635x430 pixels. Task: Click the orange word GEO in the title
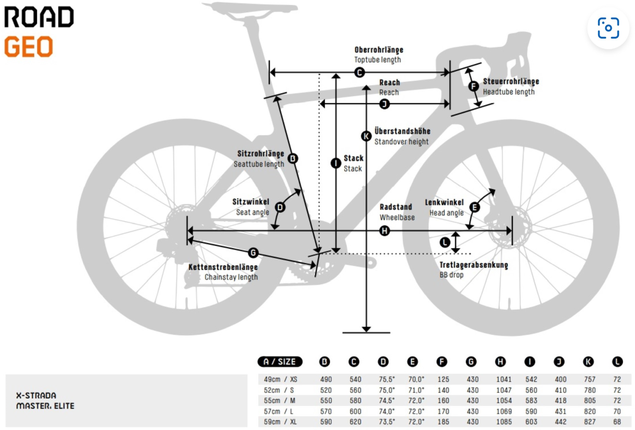(x=29, y=47)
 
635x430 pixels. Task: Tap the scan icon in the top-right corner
(x=608, y=28)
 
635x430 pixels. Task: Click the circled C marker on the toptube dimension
(x=360, y=73)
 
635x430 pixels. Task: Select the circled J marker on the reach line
(x=384, y=104)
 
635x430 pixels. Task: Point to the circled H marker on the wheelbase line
(x=384, y=230)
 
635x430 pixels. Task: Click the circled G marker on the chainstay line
(x=253, y=253)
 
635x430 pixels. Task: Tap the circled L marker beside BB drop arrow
(x=445, y=242)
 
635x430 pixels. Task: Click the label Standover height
(x=401, y=142)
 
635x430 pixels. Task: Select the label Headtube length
(x=508, y=92)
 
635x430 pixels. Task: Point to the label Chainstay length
(x=231, y=277)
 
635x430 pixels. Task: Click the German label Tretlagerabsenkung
(x=473, y=265)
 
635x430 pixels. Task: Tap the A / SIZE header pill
(x=280, y=362)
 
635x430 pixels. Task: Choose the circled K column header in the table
(x=588, y=362)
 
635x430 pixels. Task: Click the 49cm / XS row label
(x=280, y=380)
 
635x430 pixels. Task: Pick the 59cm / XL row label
(x=280, y=422)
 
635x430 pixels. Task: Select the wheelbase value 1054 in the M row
(x=504, y=401)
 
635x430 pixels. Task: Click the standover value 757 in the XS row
(x=589, y=380)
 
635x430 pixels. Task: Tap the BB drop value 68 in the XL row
(x=617, y=422)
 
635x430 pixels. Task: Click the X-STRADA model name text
(x=36, y=395)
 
